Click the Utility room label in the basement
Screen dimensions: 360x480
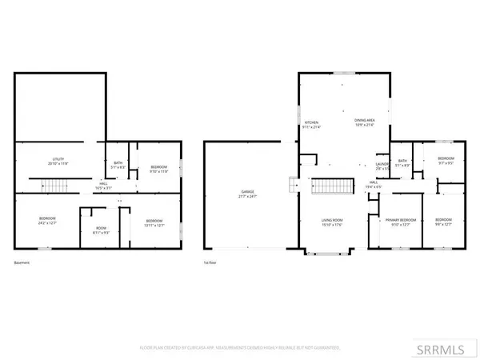[56, 162]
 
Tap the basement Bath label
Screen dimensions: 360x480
[118, 165]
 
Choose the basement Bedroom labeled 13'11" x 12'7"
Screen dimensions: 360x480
[154, 222]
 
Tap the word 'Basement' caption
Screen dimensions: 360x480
[22, 262]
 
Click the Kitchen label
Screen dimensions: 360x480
[311, 125]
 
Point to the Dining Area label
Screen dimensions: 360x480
[366, 122]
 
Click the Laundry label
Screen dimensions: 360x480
[382, 166]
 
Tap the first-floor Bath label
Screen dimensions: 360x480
[402, 163]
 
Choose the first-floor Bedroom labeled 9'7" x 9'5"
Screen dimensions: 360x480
[446, 161]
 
